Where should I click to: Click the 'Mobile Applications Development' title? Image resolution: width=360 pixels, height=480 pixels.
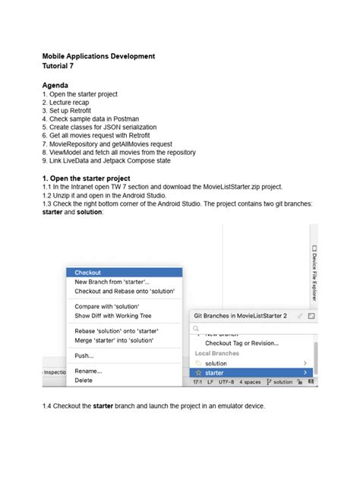tap(99, 56)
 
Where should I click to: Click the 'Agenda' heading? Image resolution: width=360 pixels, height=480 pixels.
tap(55, 85)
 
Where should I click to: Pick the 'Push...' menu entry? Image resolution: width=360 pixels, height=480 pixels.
tap(84, 355)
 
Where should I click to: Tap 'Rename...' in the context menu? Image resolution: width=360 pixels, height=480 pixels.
tap(88, 371)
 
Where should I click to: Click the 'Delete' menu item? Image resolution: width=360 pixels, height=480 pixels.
tap(84, 380)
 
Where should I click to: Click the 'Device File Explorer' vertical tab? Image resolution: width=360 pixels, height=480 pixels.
tap(313, 273)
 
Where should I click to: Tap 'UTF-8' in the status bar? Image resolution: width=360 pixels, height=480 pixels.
tap(227, 382)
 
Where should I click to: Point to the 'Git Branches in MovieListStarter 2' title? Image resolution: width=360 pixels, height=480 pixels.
tap(240, 314)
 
